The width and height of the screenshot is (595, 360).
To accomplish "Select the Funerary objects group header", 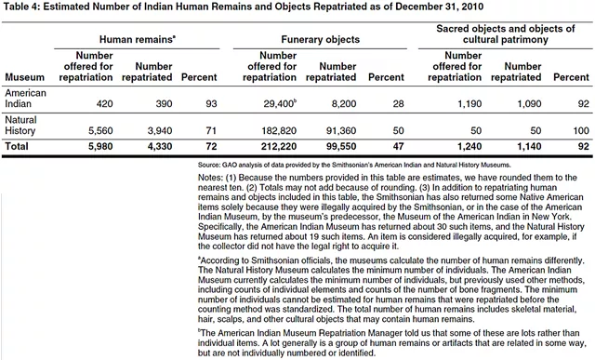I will click(x=320, y=41).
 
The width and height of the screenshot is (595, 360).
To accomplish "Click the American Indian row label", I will click(x=26, y=99).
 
